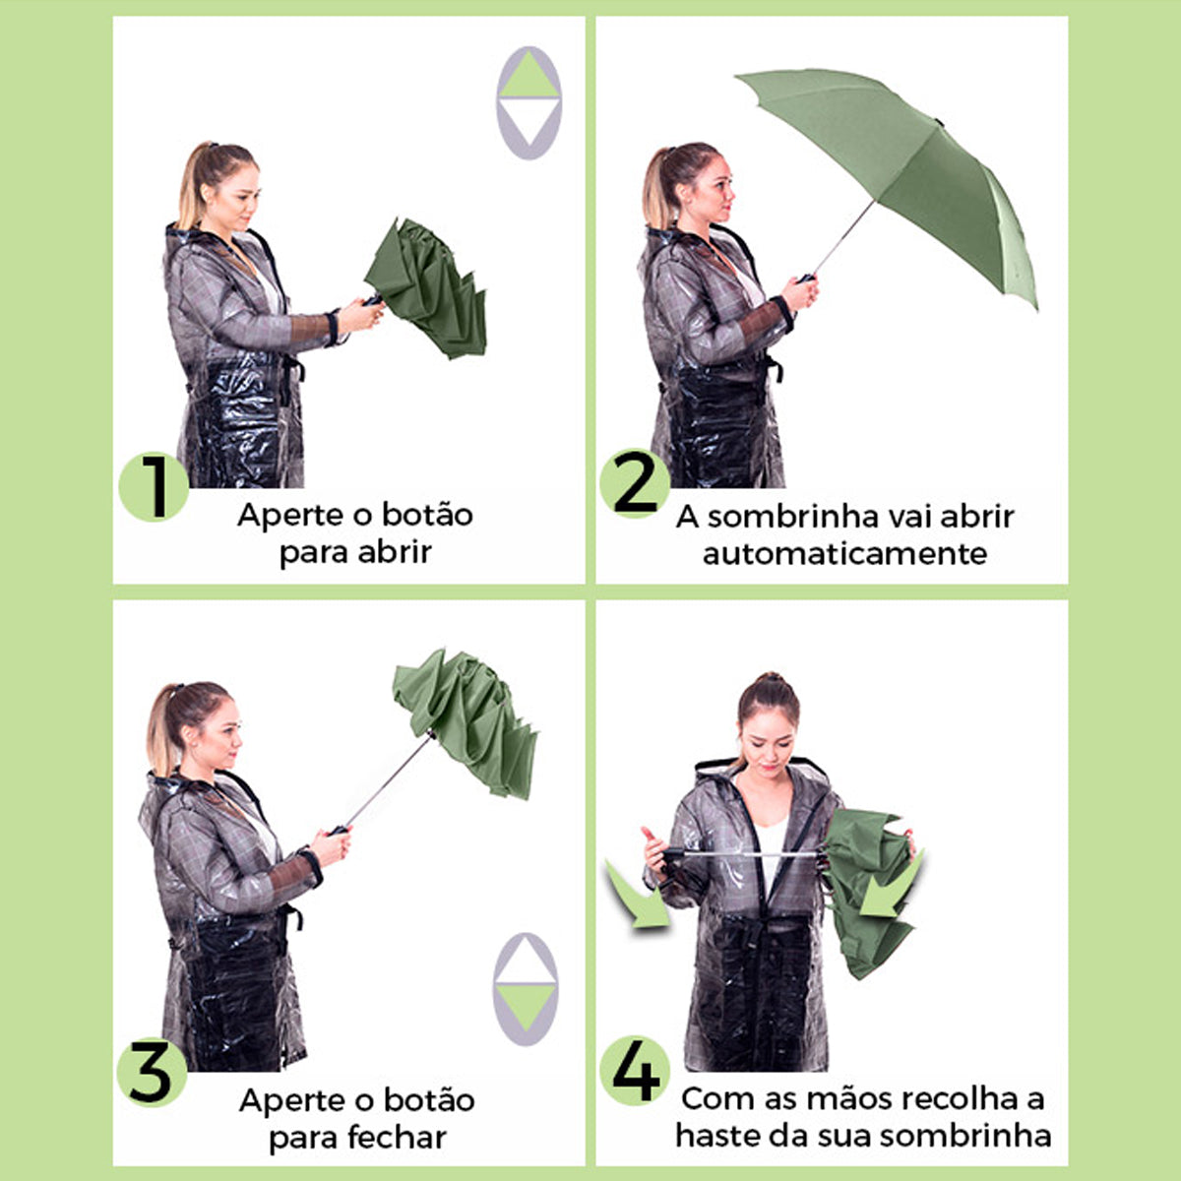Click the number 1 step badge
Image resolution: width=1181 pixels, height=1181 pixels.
pos(154,487)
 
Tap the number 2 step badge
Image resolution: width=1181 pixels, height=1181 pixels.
pos(635,483)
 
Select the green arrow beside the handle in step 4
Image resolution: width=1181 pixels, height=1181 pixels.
pos(638,896)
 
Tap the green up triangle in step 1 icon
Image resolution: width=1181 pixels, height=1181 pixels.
pos(528,77)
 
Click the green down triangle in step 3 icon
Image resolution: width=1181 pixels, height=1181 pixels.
pos(526,1007)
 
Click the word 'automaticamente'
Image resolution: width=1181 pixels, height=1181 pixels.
pos(844,554)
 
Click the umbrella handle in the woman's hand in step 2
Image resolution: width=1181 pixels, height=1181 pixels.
pos(805,279)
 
